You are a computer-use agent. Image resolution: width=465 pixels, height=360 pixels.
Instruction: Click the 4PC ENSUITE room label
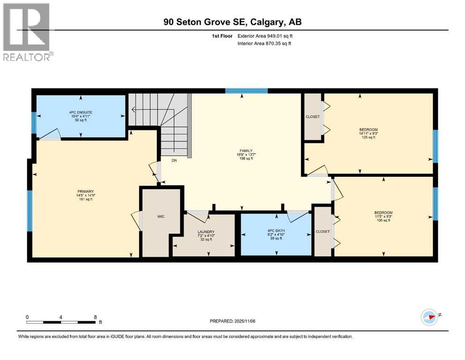pyautogui.click(x=81, y=112)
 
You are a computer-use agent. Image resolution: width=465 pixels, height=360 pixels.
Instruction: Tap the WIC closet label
pyautogui.click(x=161, y=217)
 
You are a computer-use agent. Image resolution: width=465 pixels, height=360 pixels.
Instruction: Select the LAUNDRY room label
pyautogui.click(x=206, y=232)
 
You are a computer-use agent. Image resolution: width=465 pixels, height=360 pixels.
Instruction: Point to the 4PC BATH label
pyautogui.click(x=276, y=231)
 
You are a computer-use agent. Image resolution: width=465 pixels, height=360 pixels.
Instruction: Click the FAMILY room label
pyautogui.click(x=246, y=151)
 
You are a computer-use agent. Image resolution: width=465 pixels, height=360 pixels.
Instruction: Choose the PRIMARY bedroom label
pyautogui.click(x=86, y=192)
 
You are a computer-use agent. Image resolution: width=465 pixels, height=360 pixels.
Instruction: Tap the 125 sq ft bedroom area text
pyautogui.click(x=369, y=137)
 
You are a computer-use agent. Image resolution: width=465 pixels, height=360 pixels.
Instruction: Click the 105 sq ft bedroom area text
pyautogui.click(x=384, y=220)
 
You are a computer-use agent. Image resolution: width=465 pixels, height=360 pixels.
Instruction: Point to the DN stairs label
pyautogui.click(x=174, y=161)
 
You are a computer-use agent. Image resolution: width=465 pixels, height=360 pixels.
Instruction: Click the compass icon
pyautogui.click(x=429, y=317)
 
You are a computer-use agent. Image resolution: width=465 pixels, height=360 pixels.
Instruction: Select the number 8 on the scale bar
pyautogui.click(x=95, y=317)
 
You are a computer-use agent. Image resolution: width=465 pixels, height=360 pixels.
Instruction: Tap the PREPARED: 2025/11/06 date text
pyautogui.click(x=232, y=321)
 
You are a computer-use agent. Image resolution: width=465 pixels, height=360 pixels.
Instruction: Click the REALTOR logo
pyautogui.click(x=28, y=32)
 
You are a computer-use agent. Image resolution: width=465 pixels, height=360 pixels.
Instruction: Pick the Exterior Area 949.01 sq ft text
pyautogui.click(x=265, y=36)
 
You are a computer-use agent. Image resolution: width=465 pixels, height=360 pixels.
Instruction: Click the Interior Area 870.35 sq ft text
pyautogui.click(x=264, y=43)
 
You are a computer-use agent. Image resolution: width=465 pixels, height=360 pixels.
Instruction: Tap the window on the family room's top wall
pyautogui.click(x=246, y=91)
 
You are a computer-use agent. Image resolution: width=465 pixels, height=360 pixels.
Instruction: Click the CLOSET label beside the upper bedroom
pyautogui.click(x=312, y=117)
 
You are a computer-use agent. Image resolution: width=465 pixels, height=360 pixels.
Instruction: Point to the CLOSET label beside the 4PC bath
pyautogui.click(x=323, y=232)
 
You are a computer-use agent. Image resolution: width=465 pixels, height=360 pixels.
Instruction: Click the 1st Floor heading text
pyautogui.click(x=222, y=36)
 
